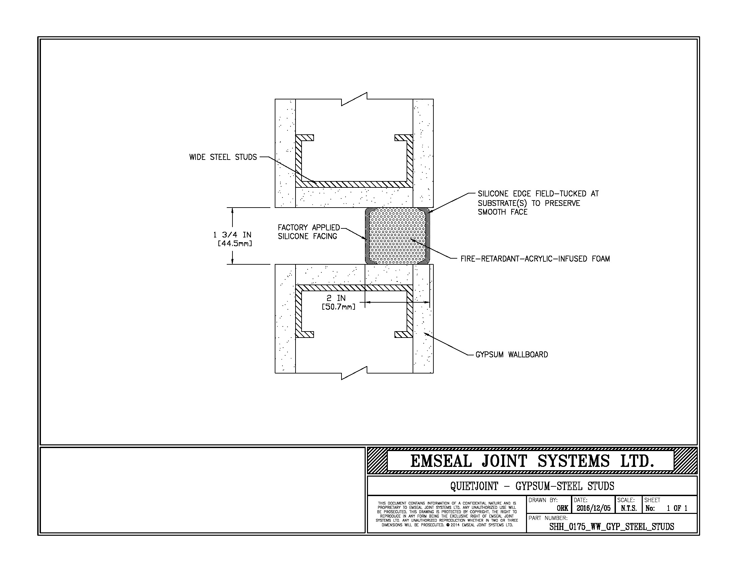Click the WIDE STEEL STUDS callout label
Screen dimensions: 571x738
pyautogui.click(x=223, y=157)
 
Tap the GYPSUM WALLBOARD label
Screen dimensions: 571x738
pyautogui.click(x=511, y=354)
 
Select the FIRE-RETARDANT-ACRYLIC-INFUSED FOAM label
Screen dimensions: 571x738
pyautogui.click(x=535, y=259)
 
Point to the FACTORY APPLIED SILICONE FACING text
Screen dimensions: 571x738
pyautogui.click(x=308, y=232)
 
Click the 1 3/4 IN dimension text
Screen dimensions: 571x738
pyautogui.click(x=232, y=235)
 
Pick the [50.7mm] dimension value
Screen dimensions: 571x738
pyautogui.click(x=338, y=307)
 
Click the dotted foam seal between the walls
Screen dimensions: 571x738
pyautogui.click(x=398, y=236)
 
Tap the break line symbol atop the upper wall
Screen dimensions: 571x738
pyautogui.click(x=354, y=99)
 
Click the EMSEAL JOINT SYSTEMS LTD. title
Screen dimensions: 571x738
pyautogui.click(x=532, y=461)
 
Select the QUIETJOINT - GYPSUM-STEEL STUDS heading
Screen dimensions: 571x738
pyautogui.click(x=532, y=486)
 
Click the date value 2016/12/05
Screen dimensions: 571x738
pyautogui.click(x=593, y=508)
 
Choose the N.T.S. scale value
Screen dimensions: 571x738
pyautogui.click(x=629, y=508)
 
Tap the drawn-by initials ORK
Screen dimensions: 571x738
pyautogui.click(x=562, y=508)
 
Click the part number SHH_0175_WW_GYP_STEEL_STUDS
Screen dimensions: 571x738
pyautogui.click(x=611, y=527)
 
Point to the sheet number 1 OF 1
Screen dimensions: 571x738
pyautogui.click(x=677, y=508)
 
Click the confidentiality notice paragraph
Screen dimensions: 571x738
pyautogui.click(x=447, y=514)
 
